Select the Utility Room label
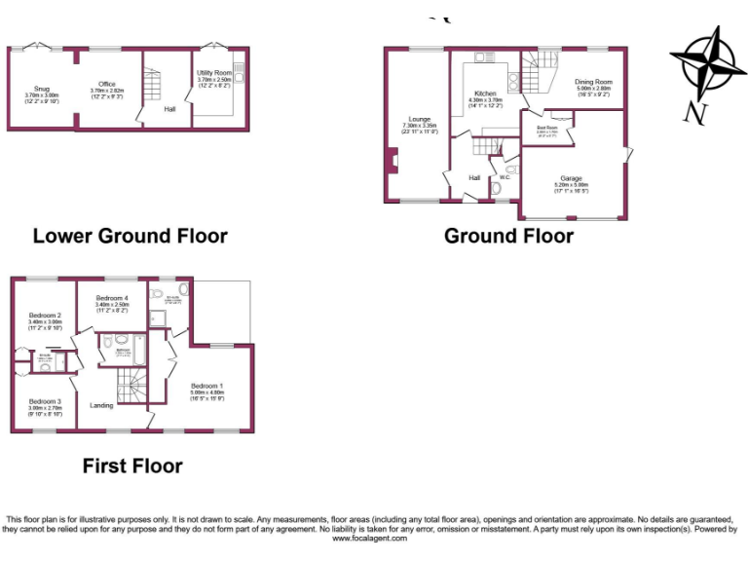[x=213, y=73]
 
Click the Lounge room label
[x=420, y=119]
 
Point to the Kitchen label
[x=484, y=93]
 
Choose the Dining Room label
[x=593, y=82]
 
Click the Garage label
[x=570, y=178]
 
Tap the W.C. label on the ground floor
[x=505, y=177]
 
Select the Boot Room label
[x=547, y=128]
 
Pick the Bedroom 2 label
[x=45, y=316]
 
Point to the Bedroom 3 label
[x=45, y=401]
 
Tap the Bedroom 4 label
[x=112, y=298]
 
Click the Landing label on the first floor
[x=101, y=405]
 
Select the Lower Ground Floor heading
[x=130, y=236]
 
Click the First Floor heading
[x=131, y=466]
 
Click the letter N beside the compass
[x=694, y=113]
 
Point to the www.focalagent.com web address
[x=373, y=538]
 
